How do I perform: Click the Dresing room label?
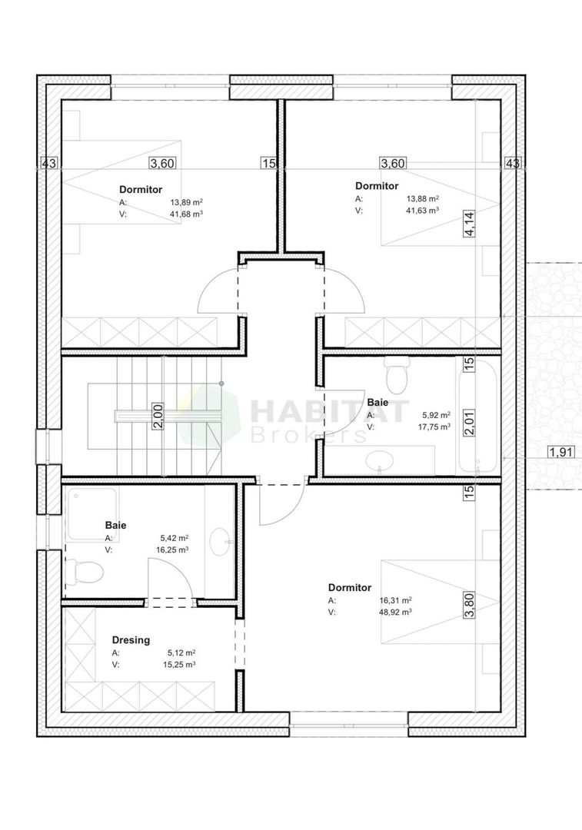(x=131, y=639)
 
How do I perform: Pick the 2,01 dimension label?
(x=468, y=422)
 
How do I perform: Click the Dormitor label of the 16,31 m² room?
(x=349, y=587)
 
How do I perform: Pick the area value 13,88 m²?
(x=423, y=198)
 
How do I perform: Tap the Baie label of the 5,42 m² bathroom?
(x=115, y=526)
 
